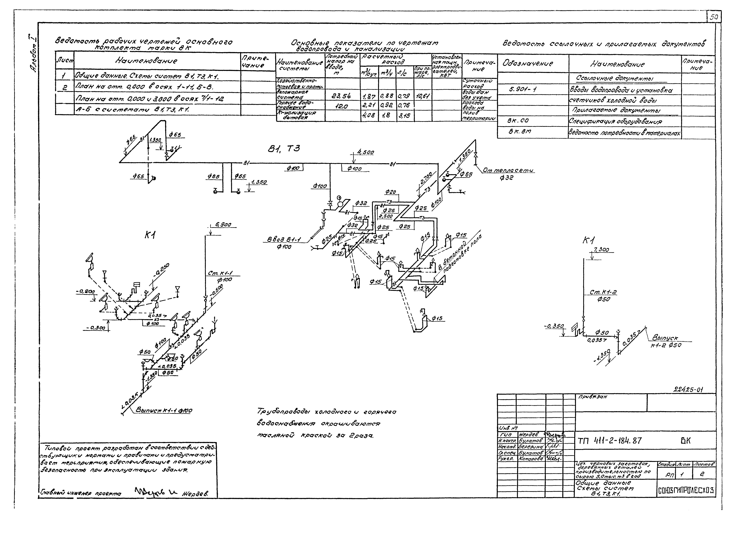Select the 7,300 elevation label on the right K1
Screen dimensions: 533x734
[x=601, y=250]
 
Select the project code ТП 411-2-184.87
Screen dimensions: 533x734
[x=609, y=441]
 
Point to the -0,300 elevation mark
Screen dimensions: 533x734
[x=95, y=328]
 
